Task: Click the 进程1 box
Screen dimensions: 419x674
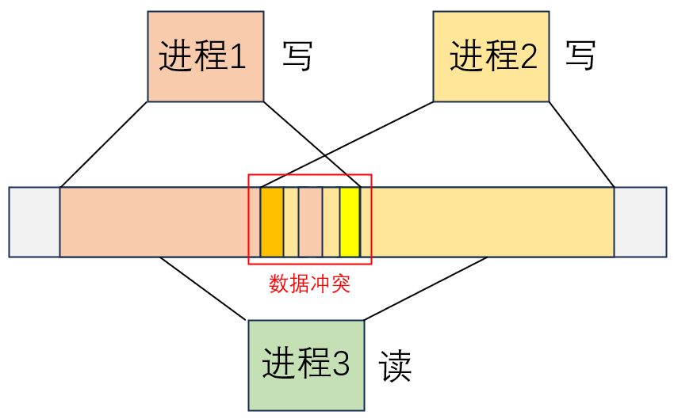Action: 205,56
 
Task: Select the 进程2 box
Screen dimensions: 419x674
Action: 491,56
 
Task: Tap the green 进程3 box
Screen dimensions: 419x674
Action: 306,365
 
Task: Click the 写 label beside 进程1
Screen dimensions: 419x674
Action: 297,57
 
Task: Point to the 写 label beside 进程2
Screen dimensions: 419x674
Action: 580,56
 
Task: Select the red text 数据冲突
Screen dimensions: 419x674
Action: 309,284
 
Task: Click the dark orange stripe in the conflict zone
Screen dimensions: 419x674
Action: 272,222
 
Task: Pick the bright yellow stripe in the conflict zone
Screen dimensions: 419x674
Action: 350,222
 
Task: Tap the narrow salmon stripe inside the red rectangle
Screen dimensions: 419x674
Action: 310,222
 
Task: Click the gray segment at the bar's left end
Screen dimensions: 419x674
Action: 34,222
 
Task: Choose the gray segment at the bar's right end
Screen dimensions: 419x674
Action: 640,222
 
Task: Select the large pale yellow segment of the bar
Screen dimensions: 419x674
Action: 492,222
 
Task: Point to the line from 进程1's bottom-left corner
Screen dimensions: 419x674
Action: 104,144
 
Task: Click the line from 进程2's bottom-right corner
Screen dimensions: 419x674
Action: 582,144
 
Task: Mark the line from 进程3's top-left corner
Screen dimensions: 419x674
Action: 204,288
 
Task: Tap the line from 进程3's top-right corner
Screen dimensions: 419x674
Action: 426,288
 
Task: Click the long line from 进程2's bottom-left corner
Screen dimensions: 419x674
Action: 347,144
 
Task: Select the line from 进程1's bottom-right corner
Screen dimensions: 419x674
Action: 312,144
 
